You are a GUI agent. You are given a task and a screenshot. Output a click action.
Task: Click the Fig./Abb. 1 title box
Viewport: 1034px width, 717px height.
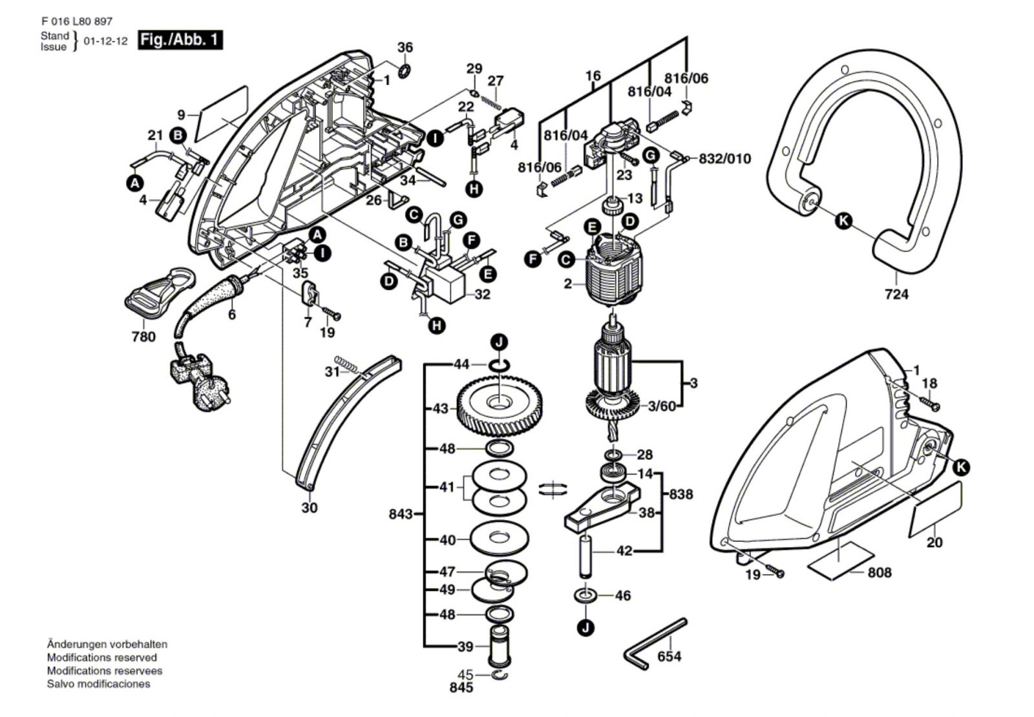tap(180, 40)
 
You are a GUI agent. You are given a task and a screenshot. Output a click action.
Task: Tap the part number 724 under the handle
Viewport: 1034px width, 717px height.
tap(896, 295)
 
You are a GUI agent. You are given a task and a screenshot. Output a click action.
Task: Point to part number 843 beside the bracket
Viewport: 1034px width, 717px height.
tap(401, 514)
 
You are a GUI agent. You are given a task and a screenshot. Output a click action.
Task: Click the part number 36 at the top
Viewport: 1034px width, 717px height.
tap(405, 48)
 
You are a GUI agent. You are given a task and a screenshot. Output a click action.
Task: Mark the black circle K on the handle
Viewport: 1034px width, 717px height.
tap(843, 221)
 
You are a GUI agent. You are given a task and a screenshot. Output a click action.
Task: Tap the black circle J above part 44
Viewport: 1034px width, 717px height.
tap(499, 342)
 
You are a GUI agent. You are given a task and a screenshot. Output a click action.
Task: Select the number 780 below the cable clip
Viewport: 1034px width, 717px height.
tap(143, 337)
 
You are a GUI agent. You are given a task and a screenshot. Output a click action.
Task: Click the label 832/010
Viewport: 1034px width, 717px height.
tap(725, 158)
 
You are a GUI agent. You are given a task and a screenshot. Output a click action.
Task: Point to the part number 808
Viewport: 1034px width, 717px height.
tap(880, 572)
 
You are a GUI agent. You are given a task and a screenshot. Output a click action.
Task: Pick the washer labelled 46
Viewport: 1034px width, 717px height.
tap(584, 594)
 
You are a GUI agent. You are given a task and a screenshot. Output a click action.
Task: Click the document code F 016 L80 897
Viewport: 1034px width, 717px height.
tap(72, 21)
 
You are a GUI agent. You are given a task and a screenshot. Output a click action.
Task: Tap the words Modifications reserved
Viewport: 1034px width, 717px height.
tap(101, 658)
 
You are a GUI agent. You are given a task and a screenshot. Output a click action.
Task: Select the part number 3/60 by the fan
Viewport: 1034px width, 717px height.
tap(662, 406)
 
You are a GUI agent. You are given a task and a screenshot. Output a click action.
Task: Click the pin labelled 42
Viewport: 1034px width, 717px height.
tap(587, 556)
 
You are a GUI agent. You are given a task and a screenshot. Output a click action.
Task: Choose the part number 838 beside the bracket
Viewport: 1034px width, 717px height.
tap(681, 494)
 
